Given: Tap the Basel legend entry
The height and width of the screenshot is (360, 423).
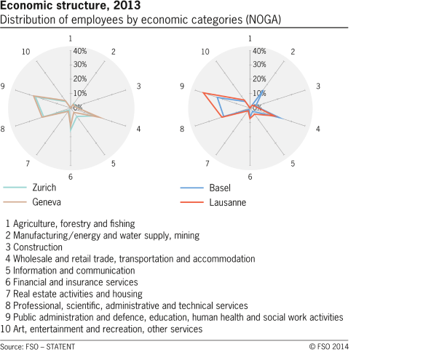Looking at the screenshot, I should pos(220,188).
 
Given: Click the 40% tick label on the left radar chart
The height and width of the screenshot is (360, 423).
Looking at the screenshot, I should pos(79,51).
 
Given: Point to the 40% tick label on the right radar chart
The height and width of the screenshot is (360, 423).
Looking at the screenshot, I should pos(259,51).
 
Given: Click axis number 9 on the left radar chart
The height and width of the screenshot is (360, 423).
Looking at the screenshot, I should pos(4,87).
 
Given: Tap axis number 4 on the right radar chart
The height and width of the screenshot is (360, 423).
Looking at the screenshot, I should pos(317,129).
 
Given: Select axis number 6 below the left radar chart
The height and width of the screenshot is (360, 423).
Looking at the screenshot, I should pos(70,177).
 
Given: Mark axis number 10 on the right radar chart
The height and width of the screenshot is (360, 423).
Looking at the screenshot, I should pos(205,52).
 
